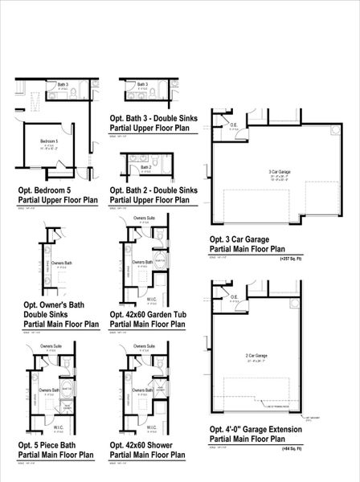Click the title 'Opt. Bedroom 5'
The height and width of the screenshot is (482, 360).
click(x=45, y=190)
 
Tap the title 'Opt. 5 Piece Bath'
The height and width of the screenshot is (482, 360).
click(x=50, y=443)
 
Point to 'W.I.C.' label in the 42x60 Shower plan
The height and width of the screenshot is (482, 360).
click(x=151, y=428)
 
